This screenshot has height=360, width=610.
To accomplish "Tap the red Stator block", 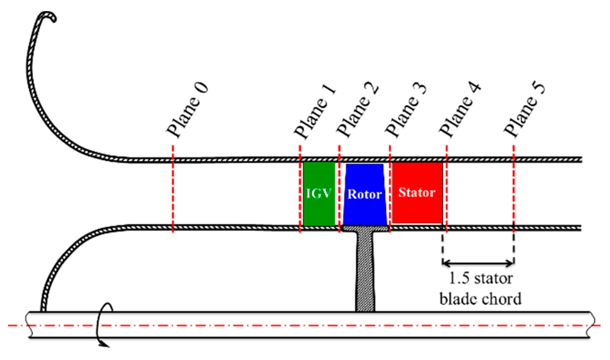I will point(417,208).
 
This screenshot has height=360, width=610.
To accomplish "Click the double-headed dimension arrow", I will point(478,263).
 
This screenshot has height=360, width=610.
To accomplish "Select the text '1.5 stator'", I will point(480,278).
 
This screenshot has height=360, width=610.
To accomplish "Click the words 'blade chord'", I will point(480,299).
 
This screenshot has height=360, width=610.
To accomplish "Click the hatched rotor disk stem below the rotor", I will point(365,268).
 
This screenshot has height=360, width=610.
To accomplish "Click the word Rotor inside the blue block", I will point(365,194).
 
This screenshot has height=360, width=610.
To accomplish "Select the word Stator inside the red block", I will point(417,193).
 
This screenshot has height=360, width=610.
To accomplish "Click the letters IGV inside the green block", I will point(319,194).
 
